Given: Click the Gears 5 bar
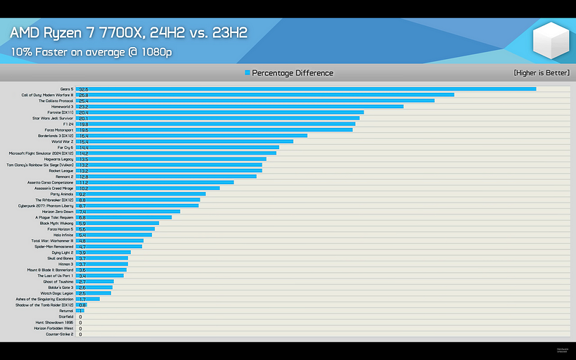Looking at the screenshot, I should click(x=306, y=89).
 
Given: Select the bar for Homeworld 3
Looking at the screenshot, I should click(x=239, y=107).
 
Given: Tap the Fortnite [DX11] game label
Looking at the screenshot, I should click(x=58, y=112).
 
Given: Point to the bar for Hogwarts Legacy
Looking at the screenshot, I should click(x=171, y=159).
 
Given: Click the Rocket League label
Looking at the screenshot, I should click(x=60, y=171).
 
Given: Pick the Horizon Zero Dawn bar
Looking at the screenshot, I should click(x=128, y=212).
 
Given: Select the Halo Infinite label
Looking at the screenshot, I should click(x=63, y=235).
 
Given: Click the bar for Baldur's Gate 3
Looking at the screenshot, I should click(x=94, y=288).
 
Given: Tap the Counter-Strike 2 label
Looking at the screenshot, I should click(x=60, y=334).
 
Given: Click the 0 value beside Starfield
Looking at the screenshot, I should click(x=80, y=316).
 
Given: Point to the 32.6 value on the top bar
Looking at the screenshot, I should click(x=83, y=89).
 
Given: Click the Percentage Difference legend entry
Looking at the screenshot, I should click(x=289, y=73).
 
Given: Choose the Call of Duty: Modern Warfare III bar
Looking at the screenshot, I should click(x=265, y=95).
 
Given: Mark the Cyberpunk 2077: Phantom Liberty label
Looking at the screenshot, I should click(x=46, y=206).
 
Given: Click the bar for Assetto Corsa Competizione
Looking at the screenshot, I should click(x=155, y=183).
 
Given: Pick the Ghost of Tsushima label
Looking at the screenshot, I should click(x=58, y=281).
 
